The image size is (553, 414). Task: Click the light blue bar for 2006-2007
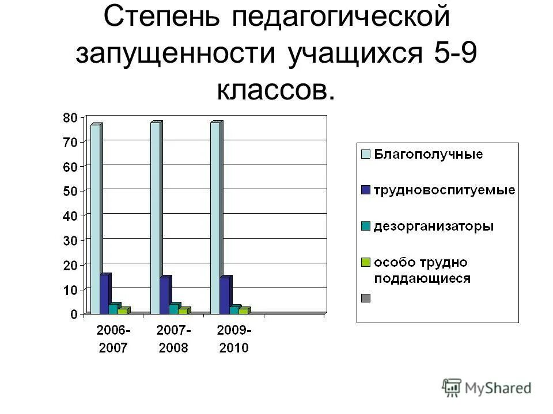[x=95, y=218]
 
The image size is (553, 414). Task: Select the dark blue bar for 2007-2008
[x=165, y=296]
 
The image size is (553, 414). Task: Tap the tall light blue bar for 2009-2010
[x=215, y=218]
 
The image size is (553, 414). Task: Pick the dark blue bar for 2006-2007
[x=104, y=294]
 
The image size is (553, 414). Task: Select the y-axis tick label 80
[x=70, y=117]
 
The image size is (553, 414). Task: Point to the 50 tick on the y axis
[x=70, y=191]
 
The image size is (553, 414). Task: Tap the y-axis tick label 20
[x=70, y=264]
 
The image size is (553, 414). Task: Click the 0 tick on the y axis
[x=73, y=314]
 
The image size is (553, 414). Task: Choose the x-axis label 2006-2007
[x=113, y=339]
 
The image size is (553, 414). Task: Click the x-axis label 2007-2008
[x=173, y=339]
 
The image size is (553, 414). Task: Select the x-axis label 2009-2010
[x=233, y=339]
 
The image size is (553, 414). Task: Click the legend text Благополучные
[x=429, y=154]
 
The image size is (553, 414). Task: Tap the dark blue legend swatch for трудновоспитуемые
[x=365, y=190]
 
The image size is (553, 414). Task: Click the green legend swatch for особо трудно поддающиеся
[x=365, y=262]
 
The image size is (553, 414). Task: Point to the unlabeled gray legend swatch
[x=365, y=298]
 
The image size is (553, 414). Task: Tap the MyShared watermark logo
[x=487, y=388]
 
